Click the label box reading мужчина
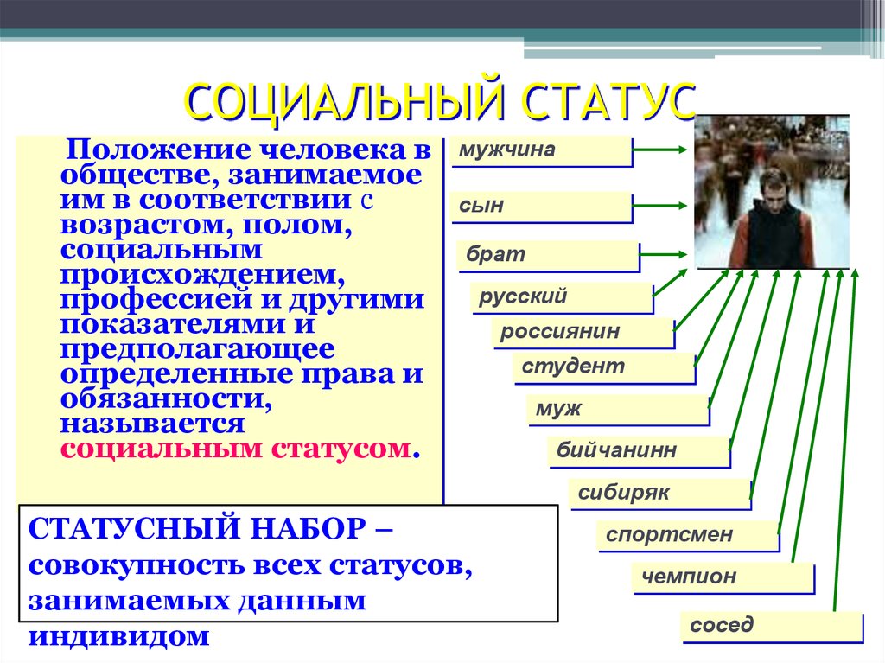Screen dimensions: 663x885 tap(541, 151)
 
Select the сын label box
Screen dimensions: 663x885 tap(541, 207)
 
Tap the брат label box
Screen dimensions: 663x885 tap(547, 256)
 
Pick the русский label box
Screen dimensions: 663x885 tap(562, 297)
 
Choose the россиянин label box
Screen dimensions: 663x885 tap(583, 332)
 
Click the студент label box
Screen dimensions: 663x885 tap(602, 367)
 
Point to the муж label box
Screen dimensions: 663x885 tap(617, 409)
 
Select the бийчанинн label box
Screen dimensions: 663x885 tap(638, 450)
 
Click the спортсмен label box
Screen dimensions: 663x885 tap(687, 535)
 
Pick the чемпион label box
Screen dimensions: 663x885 tap(723, 577)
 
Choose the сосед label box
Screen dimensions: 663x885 tap(770, 625)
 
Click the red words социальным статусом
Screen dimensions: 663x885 tap(235, 449)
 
